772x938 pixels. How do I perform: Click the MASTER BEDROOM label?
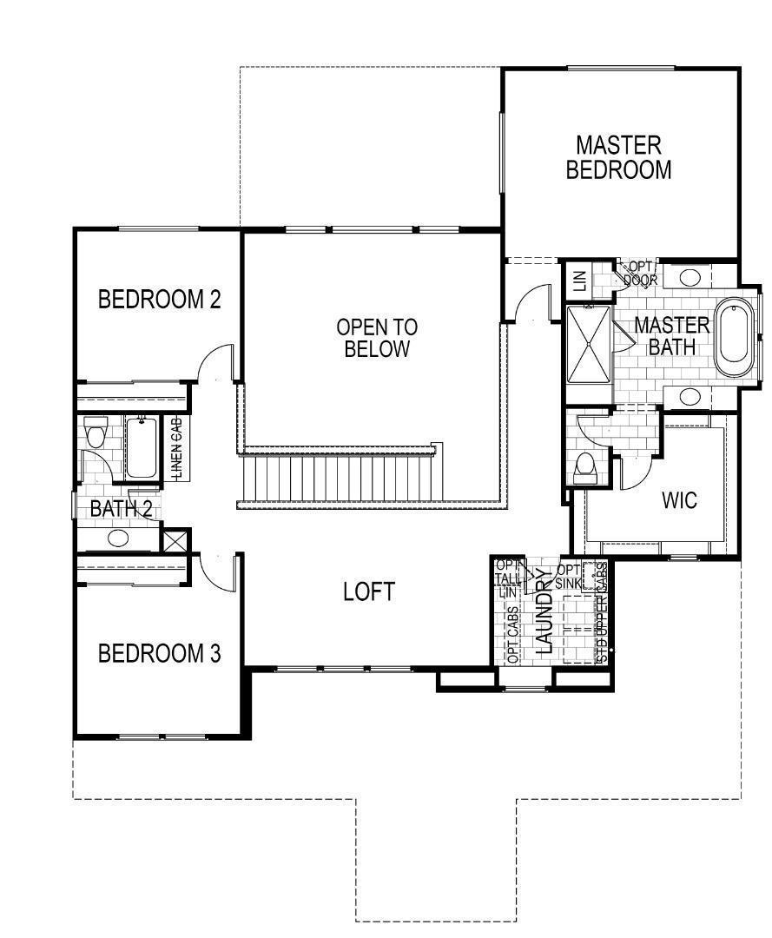618,157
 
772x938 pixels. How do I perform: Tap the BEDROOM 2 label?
159,300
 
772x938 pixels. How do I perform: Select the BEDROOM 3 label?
159,653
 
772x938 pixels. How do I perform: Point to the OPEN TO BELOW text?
376,339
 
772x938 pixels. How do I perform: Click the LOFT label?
369,592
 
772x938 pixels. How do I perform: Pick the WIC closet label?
679,500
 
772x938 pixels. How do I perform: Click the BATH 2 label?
121,509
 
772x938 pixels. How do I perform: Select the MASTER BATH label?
671,336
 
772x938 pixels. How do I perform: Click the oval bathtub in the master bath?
737,338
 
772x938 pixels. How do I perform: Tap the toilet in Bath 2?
95,431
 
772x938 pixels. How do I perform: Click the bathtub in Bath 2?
142,447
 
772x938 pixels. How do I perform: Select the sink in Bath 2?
118,538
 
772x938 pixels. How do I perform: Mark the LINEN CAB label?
176,448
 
